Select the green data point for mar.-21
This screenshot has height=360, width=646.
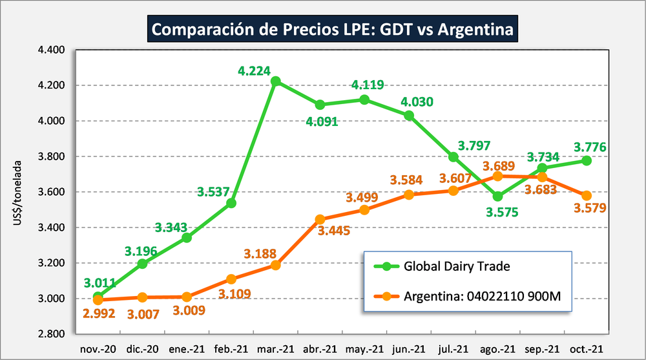(x=276, y=81)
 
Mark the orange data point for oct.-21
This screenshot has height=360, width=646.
(x=586, y=195)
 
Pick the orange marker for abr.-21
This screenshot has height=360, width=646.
(x=320, y=219)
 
